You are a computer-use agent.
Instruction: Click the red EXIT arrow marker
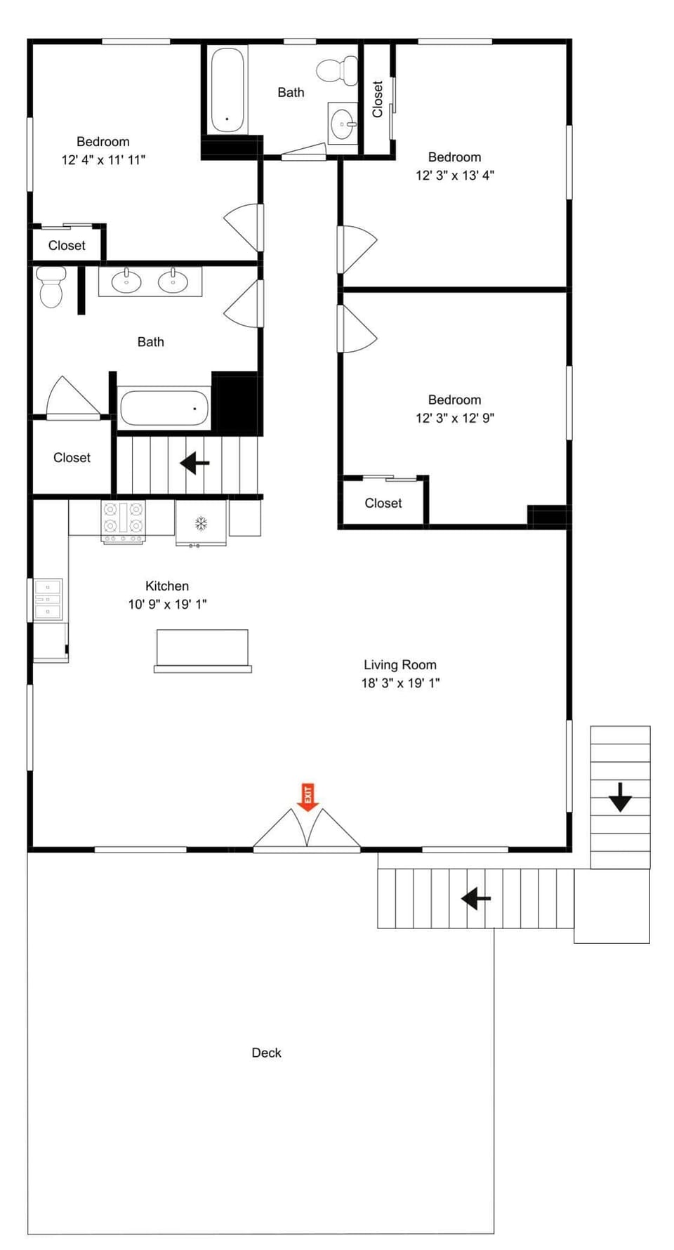308,796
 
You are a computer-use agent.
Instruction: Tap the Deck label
266,1053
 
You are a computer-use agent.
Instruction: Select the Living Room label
399,664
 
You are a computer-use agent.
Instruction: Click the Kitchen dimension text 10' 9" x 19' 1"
167,604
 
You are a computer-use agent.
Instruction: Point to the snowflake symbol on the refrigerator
201,523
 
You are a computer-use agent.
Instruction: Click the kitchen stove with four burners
124,520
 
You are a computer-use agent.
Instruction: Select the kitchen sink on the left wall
48,599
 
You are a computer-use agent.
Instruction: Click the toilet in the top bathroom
338,70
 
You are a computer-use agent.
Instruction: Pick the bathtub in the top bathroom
227,88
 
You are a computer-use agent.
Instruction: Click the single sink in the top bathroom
343,124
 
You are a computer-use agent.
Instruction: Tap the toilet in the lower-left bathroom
51,286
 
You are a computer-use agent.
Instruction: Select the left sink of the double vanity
126,282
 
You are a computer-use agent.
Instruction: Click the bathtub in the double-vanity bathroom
164,407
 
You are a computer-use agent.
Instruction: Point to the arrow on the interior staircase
194,463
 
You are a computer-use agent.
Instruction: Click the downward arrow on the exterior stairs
619,798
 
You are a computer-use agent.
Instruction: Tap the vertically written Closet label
377,99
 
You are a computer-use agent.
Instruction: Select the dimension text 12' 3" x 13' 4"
454,176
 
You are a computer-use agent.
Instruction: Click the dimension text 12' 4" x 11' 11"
103,160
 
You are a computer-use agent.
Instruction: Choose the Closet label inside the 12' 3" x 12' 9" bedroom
383,503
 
